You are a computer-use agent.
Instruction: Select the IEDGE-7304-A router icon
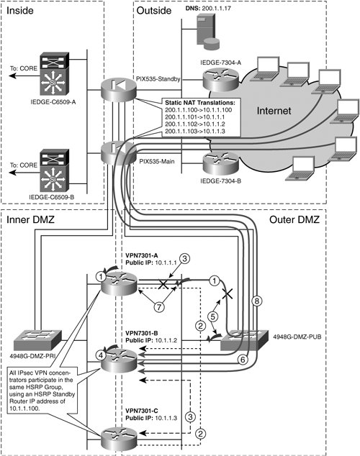(220, 79)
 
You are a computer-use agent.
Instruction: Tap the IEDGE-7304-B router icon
(220, 163)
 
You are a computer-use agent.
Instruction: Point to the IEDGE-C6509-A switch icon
(55, 74)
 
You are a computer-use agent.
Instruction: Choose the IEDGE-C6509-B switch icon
(55, 170)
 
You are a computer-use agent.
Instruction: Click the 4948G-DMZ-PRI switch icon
(38, 340)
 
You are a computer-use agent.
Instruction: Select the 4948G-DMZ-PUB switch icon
(244, 340)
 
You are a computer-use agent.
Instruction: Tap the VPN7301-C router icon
(119, 439)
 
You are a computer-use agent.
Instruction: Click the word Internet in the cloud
(274, 111)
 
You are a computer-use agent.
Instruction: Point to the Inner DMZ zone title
(30, 219)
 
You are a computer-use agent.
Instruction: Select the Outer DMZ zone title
(294, 219)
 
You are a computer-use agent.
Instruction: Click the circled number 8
(257, 301)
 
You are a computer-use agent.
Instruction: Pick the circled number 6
(243, 360)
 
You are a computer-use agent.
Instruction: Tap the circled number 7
(159, 307)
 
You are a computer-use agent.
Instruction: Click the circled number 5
(213, 316)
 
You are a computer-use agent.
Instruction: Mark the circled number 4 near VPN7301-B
(101, 355)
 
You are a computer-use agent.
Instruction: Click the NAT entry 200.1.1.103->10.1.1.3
(195, 132)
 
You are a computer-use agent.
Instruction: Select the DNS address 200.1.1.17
(216, 9)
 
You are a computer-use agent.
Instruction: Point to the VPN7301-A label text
(142, 255)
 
